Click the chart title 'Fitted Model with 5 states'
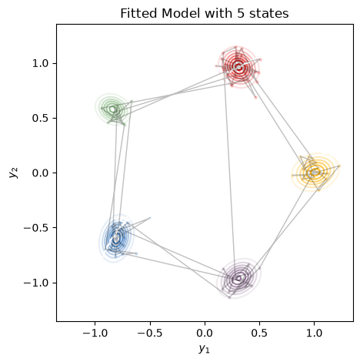205,13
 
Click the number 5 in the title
241,13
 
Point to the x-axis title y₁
204,349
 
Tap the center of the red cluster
238,67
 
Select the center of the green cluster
112,109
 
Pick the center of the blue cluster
116,238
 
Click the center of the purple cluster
238,278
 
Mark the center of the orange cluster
315,173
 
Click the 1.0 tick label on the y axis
40,63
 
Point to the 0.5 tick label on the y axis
40,118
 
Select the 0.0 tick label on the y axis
40,173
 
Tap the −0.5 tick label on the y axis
36,228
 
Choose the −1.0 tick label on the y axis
36,283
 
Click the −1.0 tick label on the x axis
95,334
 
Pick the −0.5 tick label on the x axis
150,334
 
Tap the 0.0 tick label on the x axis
205,334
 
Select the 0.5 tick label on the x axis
259,334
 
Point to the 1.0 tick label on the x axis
315,334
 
